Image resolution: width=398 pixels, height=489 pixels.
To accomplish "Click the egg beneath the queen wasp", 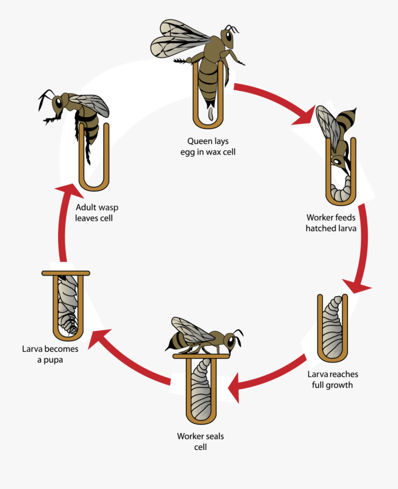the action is point(211,114).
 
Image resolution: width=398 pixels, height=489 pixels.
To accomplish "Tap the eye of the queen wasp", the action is point(229,36).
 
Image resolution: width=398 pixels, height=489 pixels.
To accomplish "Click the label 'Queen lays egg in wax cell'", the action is point(208,147).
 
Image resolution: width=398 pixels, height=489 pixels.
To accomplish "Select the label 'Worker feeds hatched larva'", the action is point(331,223).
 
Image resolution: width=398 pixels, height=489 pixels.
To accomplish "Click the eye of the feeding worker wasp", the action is point(337,162).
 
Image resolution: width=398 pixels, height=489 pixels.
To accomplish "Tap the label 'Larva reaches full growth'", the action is point(332,379).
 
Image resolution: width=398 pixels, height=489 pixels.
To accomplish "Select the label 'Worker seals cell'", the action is point(201,441).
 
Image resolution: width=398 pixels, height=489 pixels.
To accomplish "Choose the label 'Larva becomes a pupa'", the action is point(50,354).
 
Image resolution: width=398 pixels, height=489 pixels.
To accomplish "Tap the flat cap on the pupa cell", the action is point(66,273).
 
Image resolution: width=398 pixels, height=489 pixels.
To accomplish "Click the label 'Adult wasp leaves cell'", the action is point(96,213).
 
